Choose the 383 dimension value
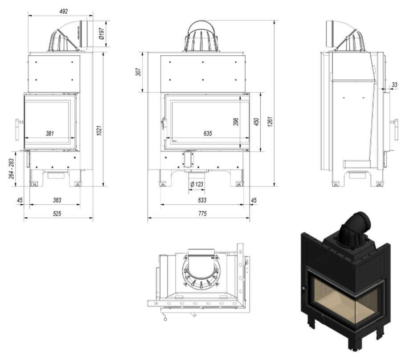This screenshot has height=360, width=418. (57, 200)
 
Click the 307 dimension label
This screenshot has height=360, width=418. (138, 72)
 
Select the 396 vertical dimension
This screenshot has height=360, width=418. (236, 121)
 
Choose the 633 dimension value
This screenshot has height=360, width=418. (202, 200)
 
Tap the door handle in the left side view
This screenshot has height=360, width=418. (18, 124)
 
